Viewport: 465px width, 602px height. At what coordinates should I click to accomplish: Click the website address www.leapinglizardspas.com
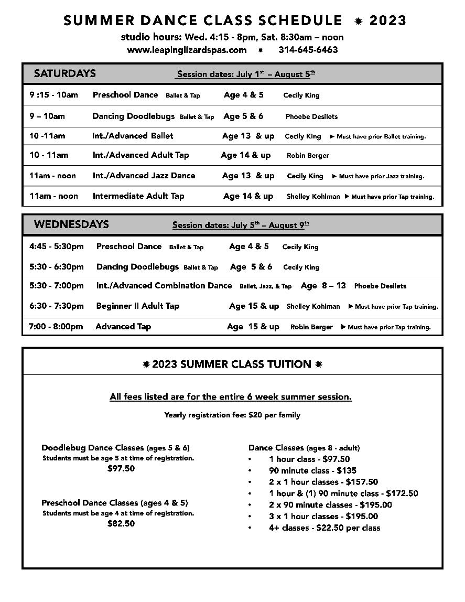(x=187, y=50)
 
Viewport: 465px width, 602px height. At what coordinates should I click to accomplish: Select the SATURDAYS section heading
(x=65, y=73)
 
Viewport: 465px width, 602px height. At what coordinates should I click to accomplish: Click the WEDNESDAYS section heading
(x=71, y=224)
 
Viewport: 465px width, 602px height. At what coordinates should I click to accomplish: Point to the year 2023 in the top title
(x=388, y=20)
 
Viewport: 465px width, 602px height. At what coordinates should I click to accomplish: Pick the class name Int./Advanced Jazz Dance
(x=144, y=176)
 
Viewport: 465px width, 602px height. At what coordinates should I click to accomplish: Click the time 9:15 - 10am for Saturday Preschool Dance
(x=53, y=95)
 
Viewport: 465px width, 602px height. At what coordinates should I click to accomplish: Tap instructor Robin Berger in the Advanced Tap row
(x=311, y=327)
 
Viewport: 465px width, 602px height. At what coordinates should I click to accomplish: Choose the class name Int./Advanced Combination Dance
(x=164, y=286)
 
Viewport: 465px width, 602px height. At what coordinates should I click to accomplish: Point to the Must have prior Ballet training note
(x=377, y=136)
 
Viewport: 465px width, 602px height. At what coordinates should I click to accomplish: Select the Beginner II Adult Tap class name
(x=138, y=306)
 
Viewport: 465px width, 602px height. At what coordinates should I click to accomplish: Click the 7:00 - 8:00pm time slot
(x=56, y=327)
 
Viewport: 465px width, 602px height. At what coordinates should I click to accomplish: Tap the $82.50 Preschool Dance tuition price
(x=121, y=523)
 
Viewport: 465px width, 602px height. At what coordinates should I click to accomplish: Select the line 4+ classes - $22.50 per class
(x=325, y=528)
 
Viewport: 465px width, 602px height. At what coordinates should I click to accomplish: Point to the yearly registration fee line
(x=232, y=415)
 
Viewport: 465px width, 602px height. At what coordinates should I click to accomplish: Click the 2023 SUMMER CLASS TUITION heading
(x=232, y=364)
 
